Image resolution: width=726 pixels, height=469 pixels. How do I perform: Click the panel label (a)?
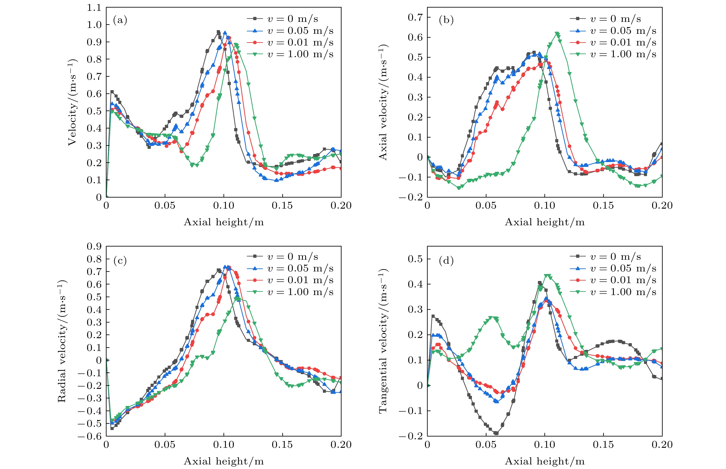(120, 20)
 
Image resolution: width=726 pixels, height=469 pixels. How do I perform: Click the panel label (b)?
(446, 20)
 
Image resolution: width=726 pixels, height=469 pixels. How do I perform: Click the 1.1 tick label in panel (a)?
(94, 8)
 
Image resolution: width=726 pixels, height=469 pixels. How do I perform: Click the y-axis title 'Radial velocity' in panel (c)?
(62, 341)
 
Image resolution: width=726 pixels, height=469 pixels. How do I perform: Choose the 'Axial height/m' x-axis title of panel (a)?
(224, 222)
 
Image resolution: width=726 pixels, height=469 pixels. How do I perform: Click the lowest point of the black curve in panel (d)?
(496, 433)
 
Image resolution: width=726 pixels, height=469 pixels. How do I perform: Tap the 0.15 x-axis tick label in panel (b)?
(603, 206)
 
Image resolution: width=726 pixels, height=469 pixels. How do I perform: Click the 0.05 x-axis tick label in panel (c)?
(165, 445)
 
